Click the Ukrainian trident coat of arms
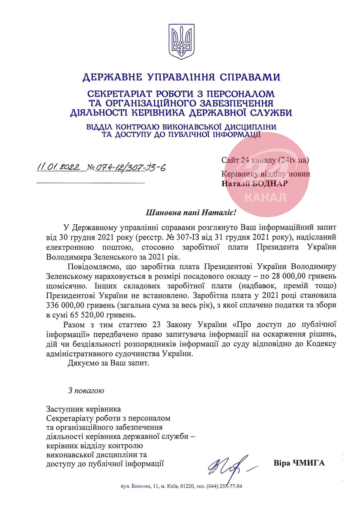click(181, 41)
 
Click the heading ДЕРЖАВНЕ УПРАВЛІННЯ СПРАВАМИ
click(181, 77)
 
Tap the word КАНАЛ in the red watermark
click(265, 198)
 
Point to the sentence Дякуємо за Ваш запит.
click(109, 363)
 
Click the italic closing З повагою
click(86, 389)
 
